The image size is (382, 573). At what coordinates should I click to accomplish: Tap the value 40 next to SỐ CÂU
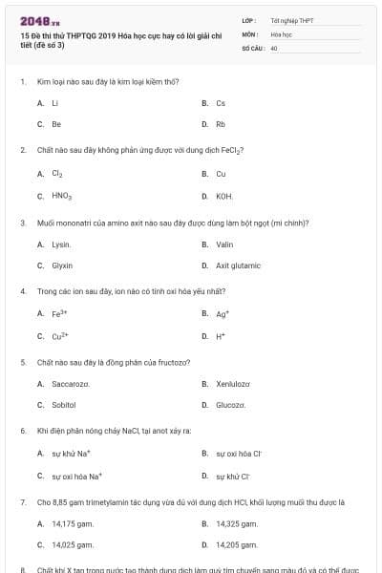[x=274, y=47]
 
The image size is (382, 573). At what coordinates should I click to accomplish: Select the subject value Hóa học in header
[x=280, y=33]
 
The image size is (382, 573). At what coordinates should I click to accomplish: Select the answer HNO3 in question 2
[x=62, y=196]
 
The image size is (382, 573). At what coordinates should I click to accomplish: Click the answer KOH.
[x=224, y=196]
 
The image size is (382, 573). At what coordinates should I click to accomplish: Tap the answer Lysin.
[x=62, y=244]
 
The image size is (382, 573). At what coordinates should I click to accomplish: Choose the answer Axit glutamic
[x=239, y=265]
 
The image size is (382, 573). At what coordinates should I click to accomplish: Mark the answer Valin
[x=225, y=244]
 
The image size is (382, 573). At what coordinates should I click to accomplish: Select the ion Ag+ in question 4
[x=223, y=314]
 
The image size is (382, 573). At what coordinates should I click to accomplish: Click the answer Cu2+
[x=60, y=336]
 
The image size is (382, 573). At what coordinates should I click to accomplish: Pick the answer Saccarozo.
[x=71, y=384]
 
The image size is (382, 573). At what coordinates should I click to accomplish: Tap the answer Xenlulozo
[x=233, y=384]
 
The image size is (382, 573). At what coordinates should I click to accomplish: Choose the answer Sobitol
[x=64, y=406]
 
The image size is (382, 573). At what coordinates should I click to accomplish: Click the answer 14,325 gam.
[x=236, y=523]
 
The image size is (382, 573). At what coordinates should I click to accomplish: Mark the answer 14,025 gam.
[x=73, y=544]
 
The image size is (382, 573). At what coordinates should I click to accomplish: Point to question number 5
[x=23, y=363]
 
